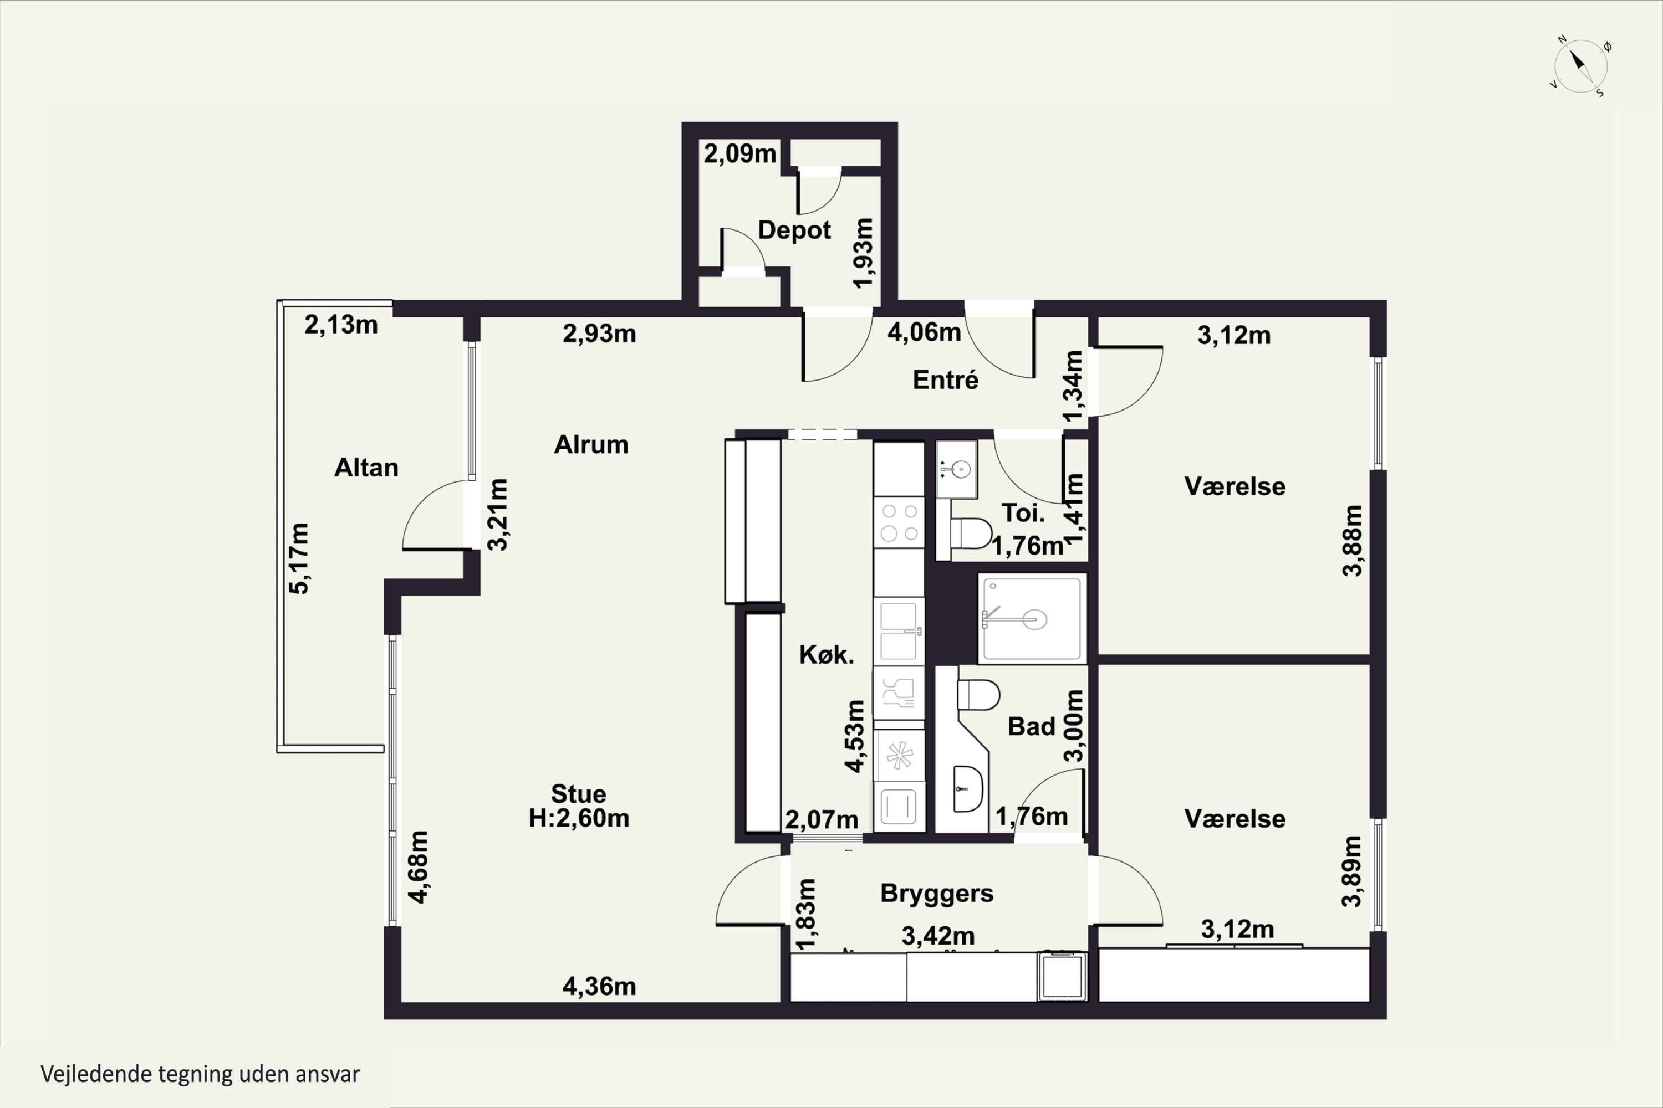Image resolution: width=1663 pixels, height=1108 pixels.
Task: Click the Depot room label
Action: point(794,230)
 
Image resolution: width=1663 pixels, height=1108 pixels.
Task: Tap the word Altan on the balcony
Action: point(366,468)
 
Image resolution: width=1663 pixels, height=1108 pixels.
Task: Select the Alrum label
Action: point(591,444)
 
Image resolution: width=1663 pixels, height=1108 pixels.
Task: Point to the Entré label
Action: point(945,380)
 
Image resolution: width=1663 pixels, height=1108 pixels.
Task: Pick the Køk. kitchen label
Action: point(826,655)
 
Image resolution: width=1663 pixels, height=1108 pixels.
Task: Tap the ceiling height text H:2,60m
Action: point(579,818)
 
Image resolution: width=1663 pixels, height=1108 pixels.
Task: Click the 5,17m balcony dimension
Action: point(300,558)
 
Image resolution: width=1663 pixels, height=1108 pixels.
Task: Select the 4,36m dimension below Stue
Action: point(599,987)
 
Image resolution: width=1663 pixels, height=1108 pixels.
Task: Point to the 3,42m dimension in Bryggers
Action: point(937,936)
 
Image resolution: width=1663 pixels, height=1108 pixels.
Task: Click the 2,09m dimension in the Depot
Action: point(739,153)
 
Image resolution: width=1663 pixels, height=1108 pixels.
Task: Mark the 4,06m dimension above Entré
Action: point(924,332)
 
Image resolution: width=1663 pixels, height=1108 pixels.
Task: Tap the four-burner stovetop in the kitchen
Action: point(899,522)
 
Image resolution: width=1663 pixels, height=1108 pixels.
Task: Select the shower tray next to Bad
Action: point(1032,619)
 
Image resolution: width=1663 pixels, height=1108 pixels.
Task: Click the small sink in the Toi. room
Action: point(957,469)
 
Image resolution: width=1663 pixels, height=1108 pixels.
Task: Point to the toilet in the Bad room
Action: point(978,695)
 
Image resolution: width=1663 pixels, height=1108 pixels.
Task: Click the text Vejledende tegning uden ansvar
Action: point(200,1074)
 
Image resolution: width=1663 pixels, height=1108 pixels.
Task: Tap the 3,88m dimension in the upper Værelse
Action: point(1352,541)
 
